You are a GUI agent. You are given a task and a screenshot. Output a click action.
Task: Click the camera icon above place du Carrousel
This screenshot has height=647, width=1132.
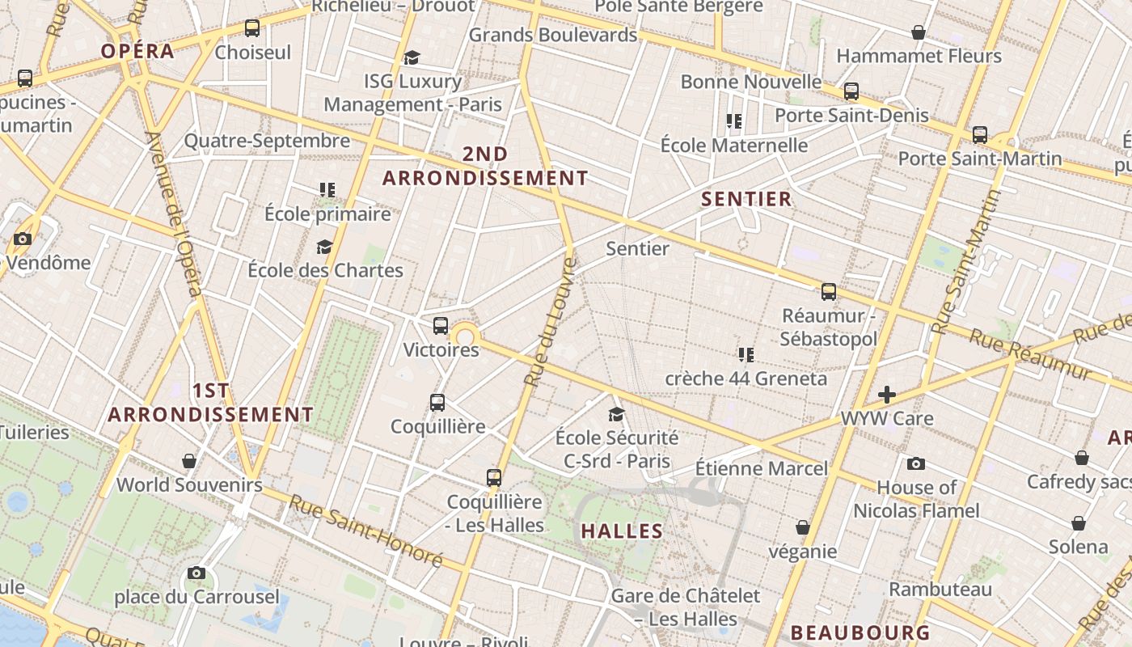tap(196, 573)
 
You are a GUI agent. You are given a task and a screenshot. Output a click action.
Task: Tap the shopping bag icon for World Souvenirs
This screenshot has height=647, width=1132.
tap(189, 461)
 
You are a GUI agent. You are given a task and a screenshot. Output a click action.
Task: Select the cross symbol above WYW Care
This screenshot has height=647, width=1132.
tap(887, 395)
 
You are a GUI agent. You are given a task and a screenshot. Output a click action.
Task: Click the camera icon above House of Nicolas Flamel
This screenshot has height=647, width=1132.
tap(915, 463)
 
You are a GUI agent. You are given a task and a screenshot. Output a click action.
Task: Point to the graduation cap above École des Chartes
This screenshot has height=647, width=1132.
tap(324, 247)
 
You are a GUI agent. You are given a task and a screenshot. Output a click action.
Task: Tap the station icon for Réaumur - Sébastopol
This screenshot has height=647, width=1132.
tap(829, 292)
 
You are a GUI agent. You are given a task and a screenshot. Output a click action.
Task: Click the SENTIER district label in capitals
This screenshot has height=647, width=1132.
tap(746, 199)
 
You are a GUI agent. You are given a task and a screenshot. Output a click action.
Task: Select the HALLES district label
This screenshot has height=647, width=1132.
tap(622, 531)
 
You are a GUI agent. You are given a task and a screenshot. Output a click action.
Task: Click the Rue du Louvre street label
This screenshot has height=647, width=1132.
tap(550, 321)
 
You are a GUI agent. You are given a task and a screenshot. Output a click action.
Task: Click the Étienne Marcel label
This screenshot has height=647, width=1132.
tap(762, 468)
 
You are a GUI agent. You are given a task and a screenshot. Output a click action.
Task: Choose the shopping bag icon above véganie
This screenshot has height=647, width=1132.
tap(802, 527)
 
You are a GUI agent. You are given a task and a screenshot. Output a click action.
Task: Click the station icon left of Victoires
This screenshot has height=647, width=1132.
tap(440, 326)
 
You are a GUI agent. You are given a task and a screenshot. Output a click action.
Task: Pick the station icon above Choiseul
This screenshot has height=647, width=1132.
tap(252, 28)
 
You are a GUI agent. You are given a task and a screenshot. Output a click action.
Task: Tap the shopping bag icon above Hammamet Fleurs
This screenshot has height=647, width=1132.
tap(919, 32)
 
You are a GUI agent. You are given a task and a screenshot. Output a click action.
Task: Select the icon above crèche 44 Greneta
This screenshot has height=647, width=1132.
tap(746, 354)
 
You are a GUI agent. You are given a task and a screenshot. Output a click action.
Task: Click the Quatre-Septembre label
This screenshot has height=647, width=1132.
tap(267, 141)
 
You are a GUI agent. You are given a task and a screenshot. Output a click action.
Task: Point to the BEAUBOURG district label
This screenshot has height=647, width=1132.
tap(860, 632)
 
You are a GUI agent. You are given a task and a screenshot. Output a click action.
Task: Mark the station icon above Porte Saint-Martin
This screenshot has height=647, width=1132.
tap(980, 134)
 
